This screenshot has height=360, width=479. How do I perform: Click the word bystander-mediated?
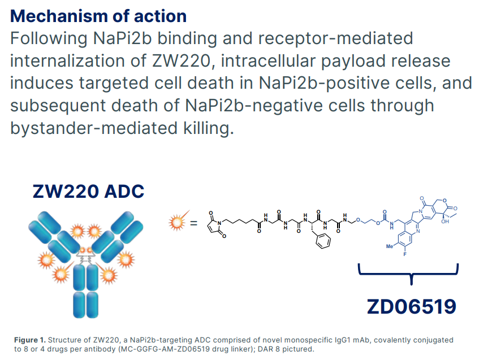click(x=90, y=128)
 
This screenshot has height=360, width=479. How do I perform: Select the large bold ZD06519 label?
click(x=411, y=306)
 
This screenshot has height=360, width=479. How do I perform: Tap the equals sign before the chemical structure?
click(x=193, y=223)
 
